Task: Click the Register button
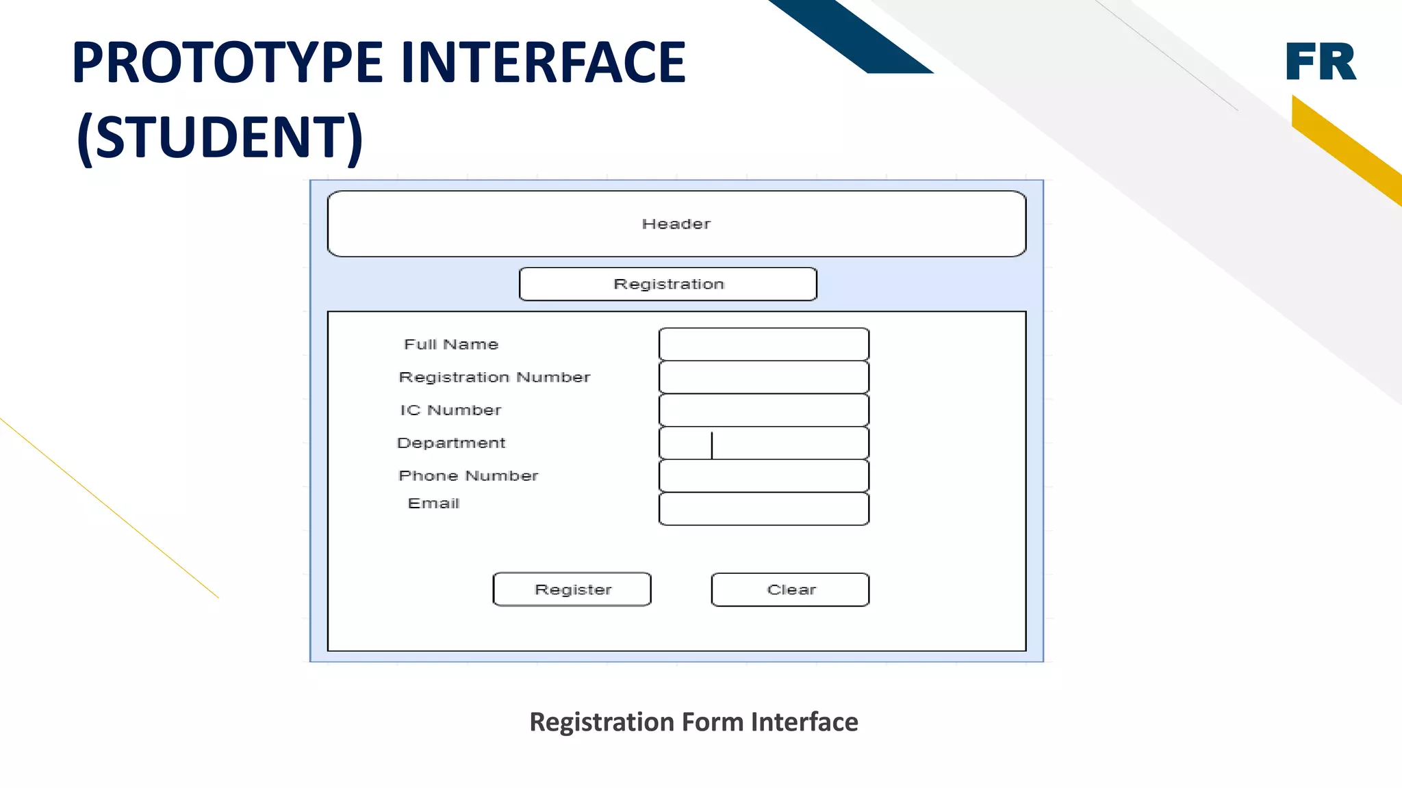[x=572, y=589]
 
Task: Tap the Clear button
[x=790, y=589]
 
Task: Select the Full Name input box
[x=763, y=344]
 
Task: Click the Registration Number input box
[x=763, y=377]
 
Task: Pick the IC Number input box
[x=763, y=410]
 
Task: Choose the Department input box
[x=763, y=443]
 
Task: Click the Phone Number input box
[x=763, y=475]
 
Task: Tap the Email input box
[x=763, y=509]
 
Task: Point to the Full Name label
[x=451, y=344]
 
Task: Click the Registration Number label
[x=494, y=377]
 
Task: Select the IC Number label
[x=450, y=410]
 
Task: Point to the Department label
[x=451, y=443]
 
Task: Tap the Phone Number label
[x=468, y=475]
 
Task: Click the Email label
[x=433, y=503]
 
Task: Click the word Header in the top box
[x=676, y=224]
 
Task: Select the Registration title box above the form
[x=668, y=284]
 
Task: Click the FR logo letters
[x=1321, y=62]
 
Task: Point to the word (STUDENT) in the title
[x=220, y=137]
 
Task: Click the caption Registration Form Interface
[x=693, y=722]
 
